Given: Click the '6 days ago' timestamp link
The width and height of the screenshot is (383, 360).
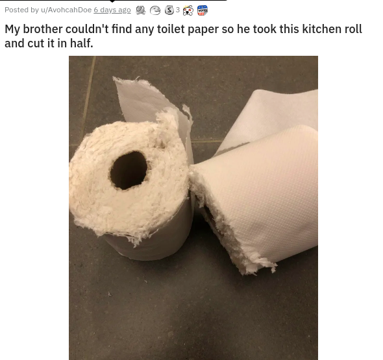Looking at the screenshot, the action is [x=112, y=10].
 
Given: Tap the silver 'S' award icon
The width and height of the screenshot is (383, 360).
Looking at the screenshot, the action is [x=169, y=10].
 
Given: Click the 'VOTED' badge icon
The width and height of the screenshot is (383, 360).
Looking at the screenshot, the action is [x=203, y=10].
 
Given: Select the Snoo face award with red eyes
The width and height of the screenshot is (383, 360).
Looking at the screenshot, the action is [x=188, y=10].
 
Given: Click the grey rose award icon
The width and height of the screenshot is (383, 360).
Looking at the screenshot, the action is [x=140, y=10].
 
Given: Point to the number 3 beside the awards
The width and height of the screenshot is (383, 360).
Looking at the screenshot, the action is [x=178, y=10].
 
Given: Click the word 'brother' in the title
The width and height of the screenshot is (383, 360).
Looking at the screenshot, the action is [x=43, y=29].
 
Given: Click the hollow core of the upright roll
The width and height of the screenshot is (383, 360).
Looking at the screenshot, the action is [x=129, y=171].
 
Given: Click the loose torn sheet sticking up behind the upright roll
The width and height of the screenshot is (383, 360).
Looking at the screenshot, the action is [x=147, y=102].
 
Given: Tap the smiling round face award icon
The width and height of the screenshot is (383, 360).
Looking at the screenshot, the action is [x=155, y=10].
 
